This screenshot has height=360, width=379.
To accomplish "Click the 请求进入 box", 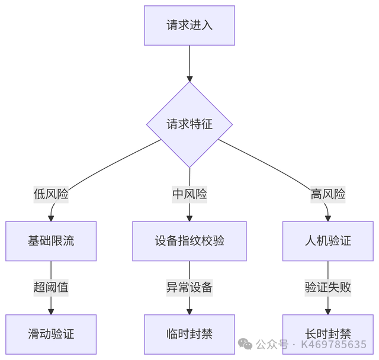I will point(189,25).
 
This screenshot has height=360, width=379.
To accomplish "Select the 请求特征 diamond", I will point(189,124).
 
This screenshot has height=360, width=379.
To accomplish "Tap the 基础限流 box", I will point(51,241).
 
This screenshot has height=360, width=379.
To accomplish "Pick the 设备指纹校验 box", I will point(189,241).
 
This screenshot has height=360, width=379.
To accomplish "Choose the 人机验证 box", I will point(328,241).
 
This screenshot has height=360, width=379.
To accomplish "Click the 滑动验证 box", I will point(51,334).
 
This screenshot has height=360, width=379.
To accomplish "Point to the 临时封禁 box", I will point(189,334).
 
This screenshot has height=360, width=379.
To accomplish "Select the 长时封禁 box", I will point(328,334).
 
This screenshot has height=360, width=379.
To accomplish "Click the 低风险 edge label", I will point(51,194).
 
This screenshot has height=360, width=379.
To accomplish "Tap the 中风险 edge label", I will point(189,194).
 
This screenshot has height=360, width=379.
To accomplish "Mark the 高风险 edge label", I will point(328,194).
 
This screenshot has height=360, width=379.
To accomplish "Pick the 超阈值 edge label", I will point(51,288).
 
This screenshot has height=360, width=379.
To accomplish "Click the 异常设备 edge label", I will point(189,288).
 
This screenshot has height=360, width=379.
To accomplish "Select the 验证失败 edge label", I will point(328,288).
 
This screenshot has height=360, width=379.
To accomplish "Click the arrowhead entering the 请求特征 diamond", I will point(189,78).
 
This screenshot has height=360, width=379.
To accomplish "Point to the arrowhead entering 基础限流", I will point(51,217).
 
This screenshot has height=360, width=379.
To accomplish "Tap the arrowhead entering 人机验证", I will point(328,217).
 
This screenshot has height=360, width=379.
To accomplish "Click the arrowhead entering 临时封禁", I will point(189,311).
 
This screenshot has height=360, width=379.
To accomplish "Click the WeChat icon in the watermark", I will point(245,344).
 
